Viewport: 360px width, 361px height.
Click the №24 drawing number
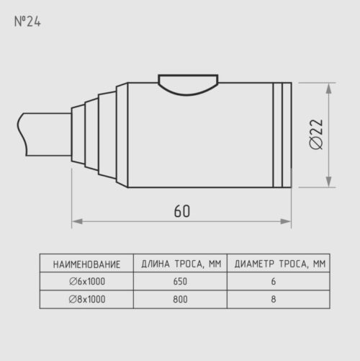pos(27,22)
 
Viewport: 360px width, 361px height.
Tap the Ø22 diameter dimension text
pos(316,135)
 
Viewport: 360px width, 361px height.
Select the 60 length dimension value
pos(182,211)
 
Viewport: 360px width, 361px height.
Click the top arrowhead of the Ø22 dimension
pos(329,88)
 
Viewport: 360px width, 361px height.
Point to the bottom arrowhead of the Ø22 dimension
pos(329,182)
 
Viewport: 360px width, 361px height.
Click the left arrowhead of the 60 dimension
pos(77,221)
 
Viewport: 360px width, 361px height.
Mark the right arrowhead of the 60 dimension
pos(286,221)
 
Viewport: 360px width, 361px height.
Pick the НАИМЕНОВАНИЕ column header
pos(86,264)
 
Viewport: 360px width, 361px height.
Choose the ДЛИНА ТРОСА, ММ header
pos(181,264)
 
